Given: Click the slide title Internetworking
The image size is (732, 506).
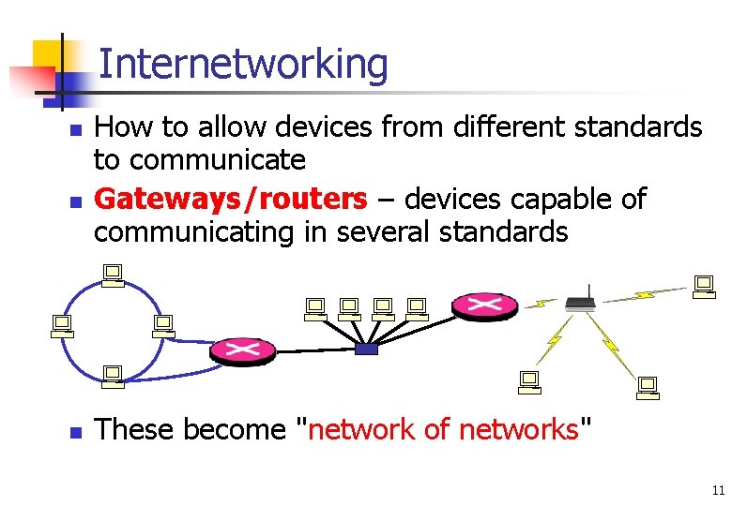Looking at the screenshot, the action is pos(242,64).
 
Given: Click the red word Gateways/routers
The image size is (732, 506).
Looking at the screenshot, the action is pos(231,199).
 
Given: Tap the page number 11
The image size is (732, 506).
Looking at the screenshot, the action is pos(718,490).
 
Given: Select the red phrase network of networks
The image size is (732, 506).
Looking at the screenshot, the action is pos(445,429).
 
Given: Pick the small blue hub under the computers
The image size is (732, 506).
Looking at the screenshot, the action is pos(366,350).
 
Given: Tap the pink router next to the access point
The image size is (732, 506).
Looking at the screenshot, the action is pos(484,305).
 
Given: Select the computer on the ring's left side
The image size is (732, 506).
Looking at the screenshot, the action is pos(62,325).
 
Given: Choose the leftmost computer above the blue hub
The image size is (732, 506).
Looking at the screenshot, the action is pos(314,307).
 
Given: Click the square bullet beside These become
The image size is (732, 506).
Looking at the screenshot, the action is pos(76,432).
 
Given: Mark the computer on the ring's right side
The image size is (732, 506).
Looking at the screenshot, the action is pos(162,325).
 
